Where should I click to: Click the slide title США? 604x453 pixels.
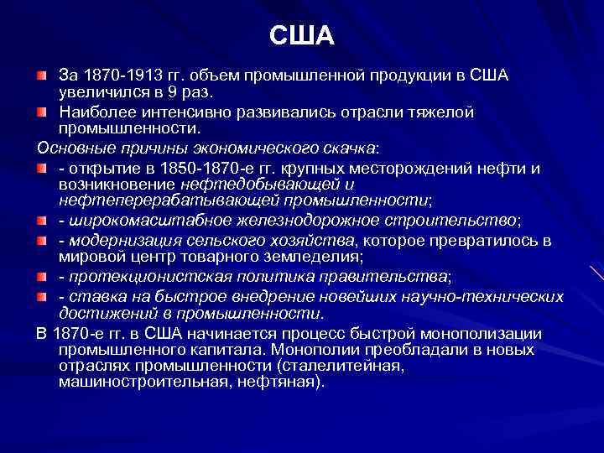point(302,35)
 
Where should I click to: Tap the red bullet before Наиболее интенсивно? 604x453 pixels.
point(43,112)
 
